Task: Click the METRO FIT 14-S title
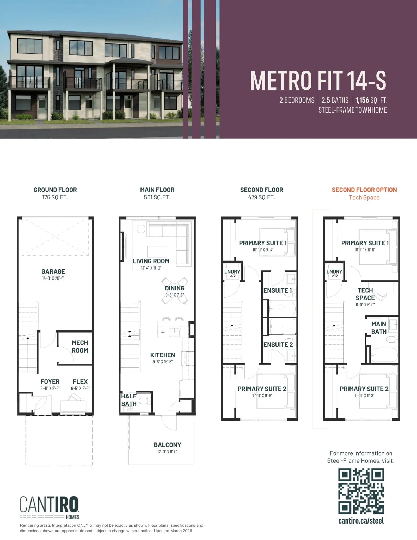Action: [x=318, y=81]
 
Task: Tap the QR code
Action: [x=361, y=491]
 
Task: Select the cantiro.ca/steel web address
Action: [x=361, y=521]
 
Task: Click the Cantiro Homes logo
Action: [x=49, y=508]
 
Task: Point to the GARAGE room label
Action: [x=53, y=271]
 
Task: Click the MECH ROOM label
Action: [x=80, y=347]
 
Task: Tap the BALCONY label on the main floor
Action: [x=167, y=445]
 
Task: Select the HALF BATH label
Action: [x=129, y=400]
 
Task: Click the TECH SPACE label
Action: [x=365, y=294]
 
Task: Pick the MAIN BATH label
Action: [x=379, y=328]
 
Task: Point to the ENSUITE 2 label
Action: [x=278, y=344]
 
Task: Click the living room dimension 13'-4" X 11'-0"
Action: [x=151, y=268]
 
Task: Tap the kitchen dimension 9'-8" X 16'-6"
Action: [x=163, y=362]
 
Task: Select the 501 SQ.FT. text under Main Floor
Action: [x=157, y=197]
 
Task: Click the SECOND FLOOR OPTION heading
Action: [x=364, y=190]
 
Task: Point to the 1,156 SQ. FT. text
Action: [x=371, y=100]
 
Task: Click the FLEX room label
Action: [x=80, y=381]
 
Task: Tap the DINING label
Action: [x=175, y=288]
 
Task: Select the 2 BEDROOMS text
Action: [x=297, y=100]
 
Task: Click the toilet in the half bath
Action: [x=145, y=401]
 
